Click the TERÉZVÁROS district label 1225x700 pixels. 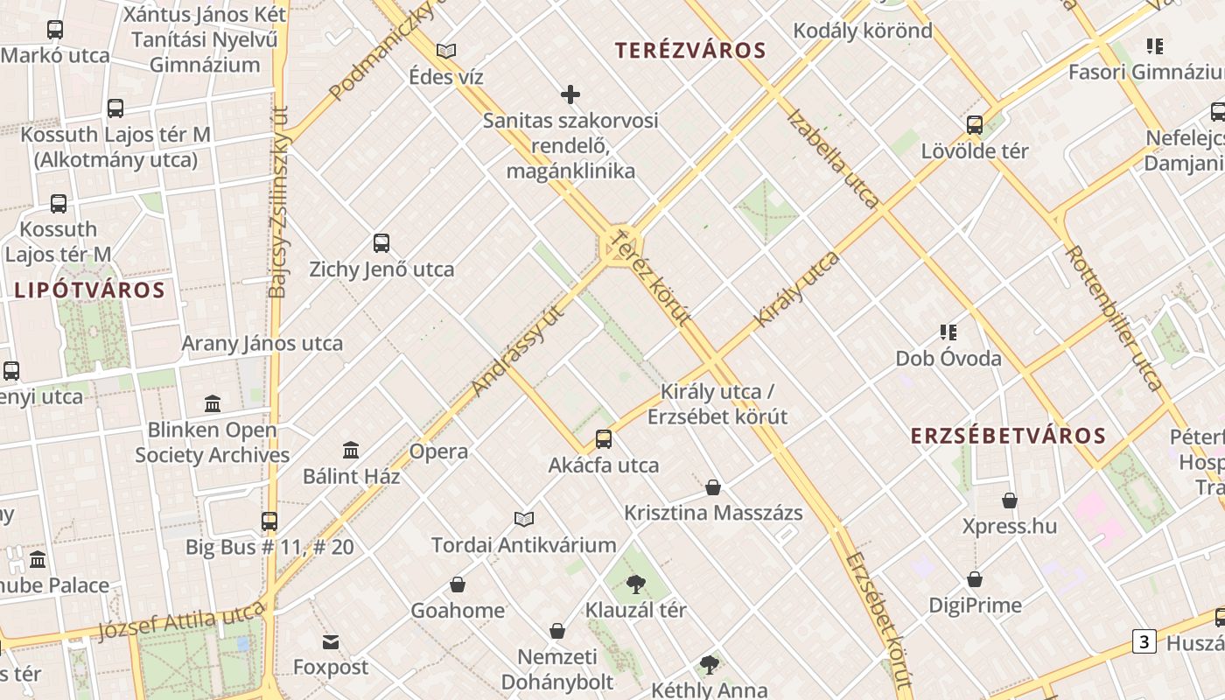point(689,51)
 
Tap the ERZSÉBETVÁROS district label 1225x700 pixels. point(1008,436)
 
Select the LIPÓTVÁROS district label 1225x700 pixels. point(89,290)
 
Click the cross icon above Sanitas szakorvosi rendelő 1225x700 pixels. point(570,94)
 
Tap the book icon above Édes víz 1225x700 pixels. point(446,51)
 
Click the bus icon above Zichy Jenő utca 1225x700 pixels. point(381,243)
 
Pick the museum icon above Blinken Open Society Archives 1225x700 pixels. point(213,404)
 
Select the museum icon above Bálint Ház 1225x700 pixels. point(351,451)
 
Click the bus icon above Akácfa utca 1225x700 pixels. point(604,439)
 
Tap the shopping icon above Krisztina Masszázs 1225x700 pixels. point(713,487)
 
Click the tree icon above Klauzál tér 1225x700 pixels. point(636,584)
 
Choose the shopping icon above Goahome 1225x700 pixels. point(458,584)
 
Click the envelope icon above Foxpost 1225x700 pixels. point(331,642)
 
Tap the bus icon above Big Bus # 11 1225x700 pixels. point(269,521)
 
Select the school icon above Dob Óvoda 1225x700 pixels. point(948,332)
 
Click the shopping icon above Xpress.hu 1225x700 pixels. point(1010,500)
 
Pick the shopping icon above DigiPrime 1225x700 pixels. point(975,579)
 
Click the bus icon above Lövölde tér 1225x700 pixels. point(975,125)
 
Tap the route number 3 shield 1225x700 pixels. point(1144,641)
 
